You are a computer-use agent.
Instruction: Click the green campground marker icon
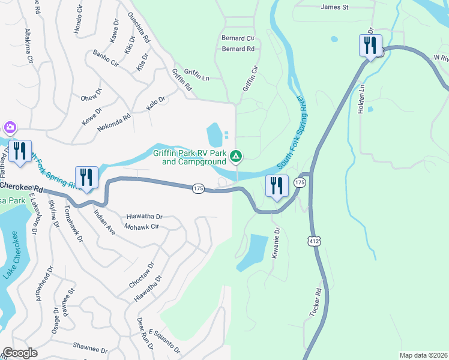(x=237, y=157)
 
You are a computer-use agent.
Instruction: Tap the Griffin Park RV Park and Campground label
(x=190, y=157)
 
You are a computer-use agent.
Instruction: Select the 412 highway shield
(x=313, y=241)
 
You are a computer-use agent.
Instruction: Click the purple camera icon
(x=10, y=127)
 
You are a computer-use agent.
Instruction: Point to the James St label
(x=335, y=7)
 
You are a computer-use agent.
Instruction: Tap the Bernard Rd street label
(x=238, y=49)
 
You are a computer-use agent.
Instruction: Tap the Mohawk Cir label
(x=142, y=227)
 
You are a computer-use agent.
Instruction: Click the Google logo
(x=20, y=353)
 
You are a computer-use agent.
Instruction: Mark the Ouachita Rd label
(x=139, y=28)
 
